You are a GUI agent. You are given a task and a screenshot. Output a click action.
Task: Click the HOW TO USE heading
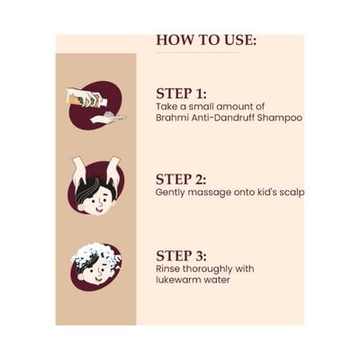206,40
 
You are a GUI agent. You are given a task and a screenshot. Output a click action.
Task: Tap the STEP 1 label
181,94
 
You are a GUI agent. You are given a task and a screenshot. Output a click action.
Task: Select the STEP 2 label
181,179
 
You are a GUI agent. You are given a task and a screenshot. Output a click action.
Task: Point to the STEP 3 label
181,256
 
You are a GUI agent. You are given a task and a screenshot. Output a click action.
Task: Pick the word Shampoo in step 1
280,118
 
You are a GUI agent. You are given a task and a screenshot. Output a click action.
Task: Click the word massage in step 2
207,193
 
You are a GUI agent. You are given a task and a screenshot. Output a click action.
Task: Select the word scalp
292,193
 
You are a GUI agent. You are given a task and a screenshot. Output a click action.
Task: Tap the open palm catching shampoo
109,119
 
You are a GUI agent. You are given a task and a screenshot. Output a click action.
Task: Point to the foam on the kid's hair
96,255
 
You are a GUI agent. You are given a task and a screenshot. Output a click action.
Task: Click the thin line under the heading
198,53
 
